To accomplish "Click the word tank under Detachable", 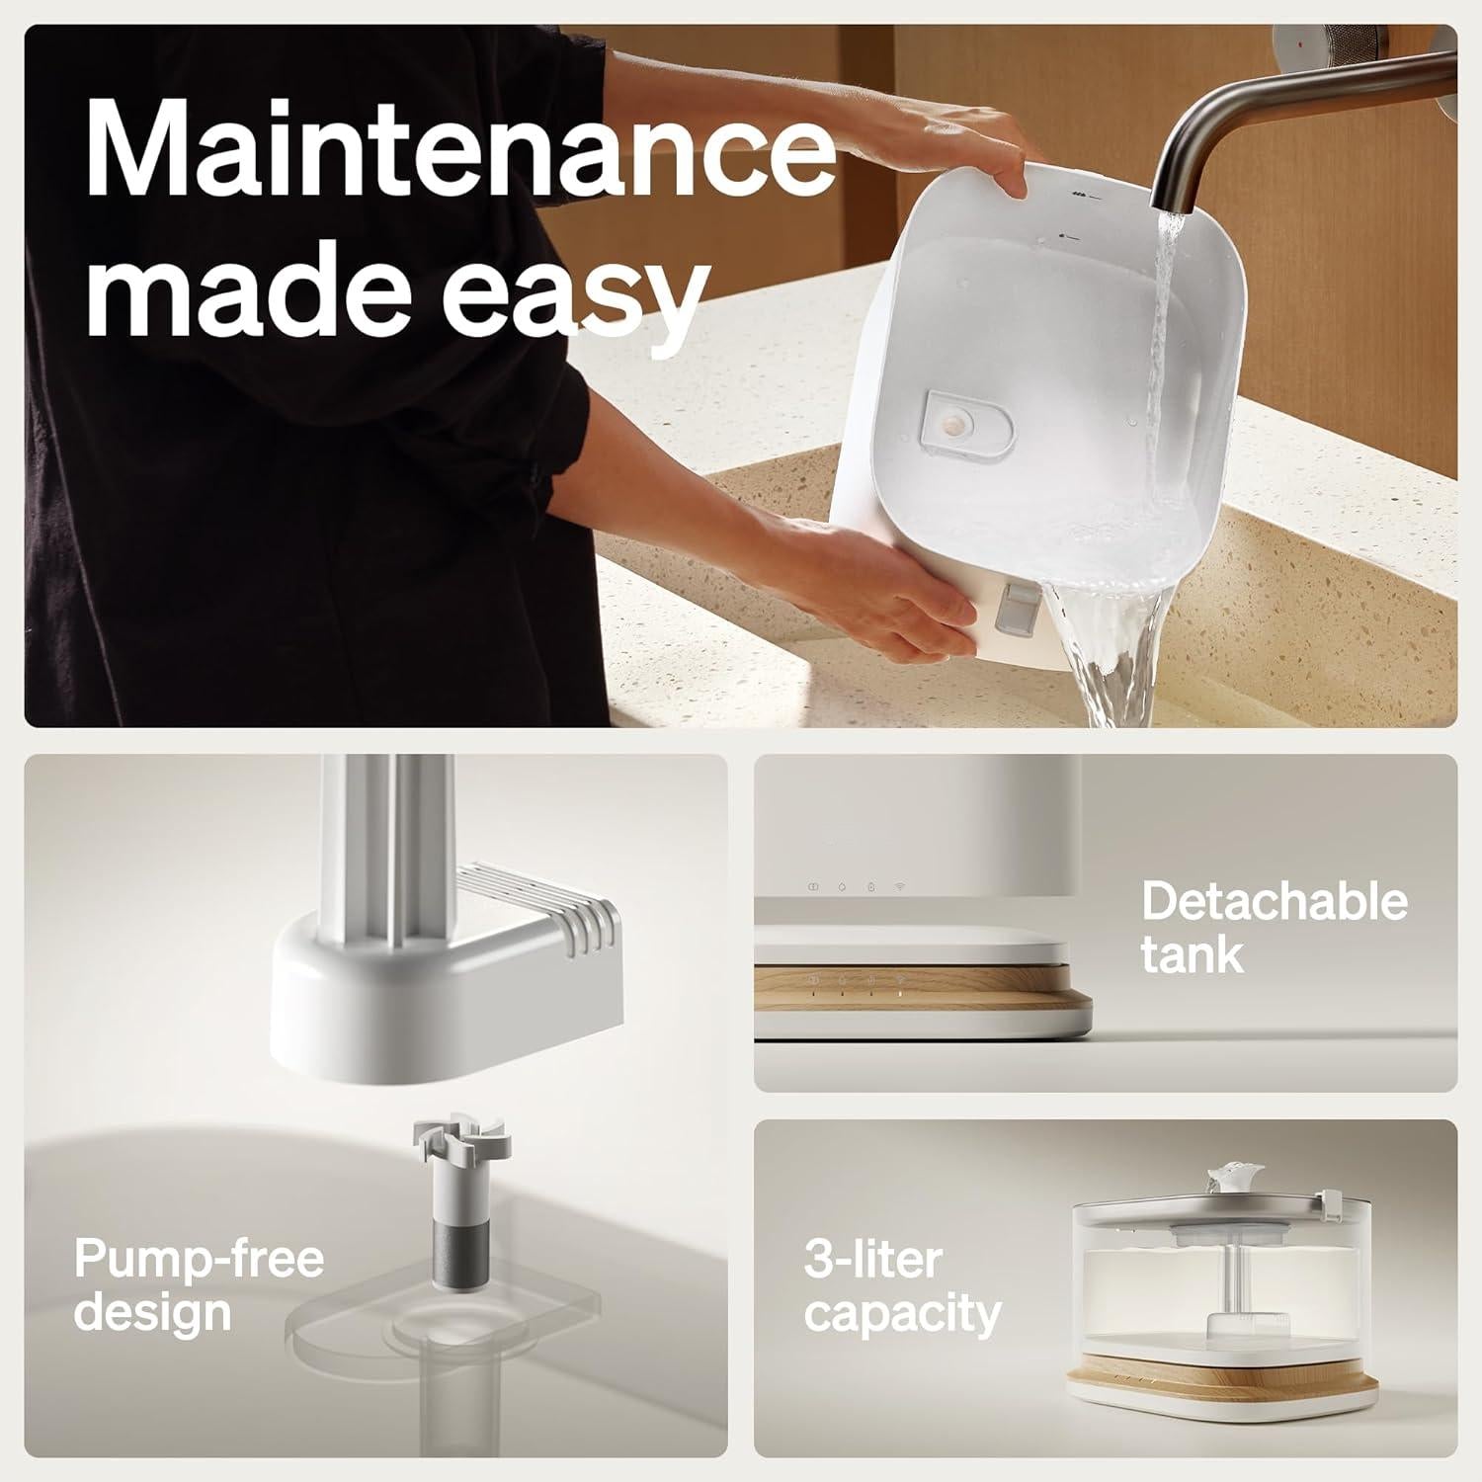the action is [1192, 954].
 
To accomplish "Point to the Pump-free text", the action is [199, 1261].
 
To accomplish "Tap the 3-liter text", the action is [873, 1261].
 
